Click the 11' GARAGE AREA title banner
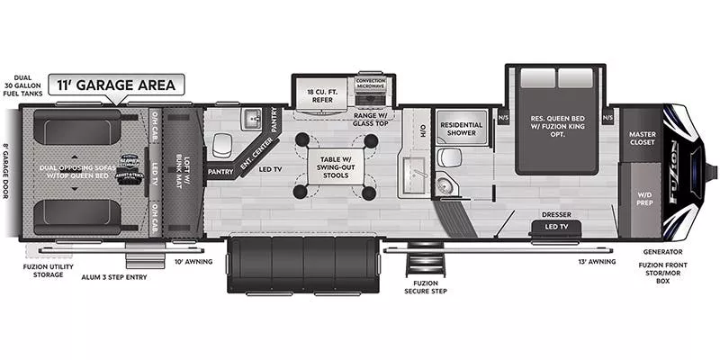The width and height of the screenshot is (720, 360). (x=118, y=85)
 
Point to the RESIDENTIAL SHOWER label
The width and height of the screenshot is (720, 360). (x=461, y=129)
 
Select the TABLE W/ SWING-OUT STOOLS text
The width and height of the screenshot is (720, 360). (x=333, y=166)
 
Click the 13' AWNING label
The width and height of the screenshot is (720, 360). (x=596, y=261)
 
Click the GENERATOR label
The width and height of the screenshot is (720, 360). (x=662, y=252)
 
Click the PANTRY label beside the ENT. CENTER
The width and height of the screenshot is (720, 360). (x=220, y=170)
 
